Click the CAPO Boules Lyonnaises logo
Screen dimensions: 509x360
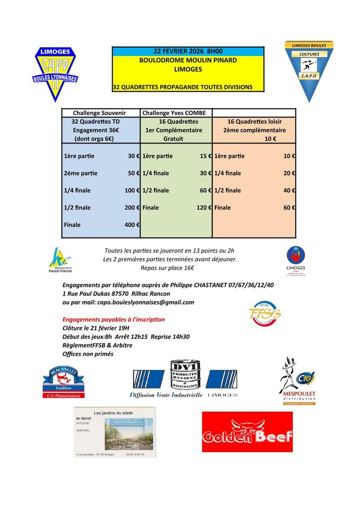tap(55, 74)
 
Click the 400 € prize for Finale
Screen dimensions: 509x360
tap(132, 225)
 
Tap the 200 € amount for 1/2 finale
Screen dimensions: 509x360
tap(132, 207)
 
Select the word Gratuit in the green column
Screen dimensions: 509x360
tap(174, 139)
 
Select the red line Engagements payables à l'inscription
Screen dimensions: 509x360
tap(113, 319)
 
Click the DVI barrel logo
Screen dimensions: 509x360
tap(184, 375)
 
